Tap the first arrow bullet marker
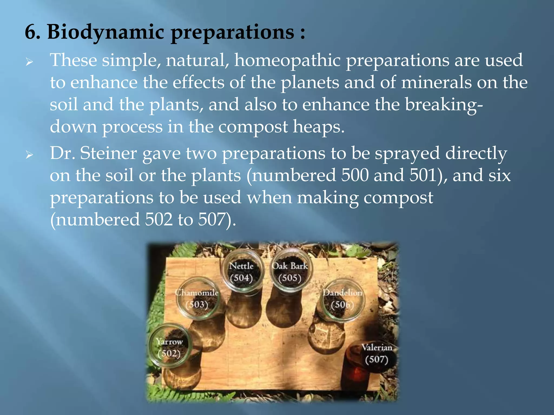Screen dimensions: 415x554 pyautogui.click(x=29, y=62)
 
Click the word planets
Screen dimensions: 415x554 pyautogui.click(x=309, y=83)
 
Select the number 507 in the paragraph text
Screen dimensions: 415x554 pyautogui.click(x=212, y=220)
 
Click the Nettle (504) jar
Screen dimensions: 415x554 pyautogui.click(x=242, y=272)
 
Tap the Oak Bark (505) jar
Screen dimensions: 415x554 pyautogui.click(x=290, y=272)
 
